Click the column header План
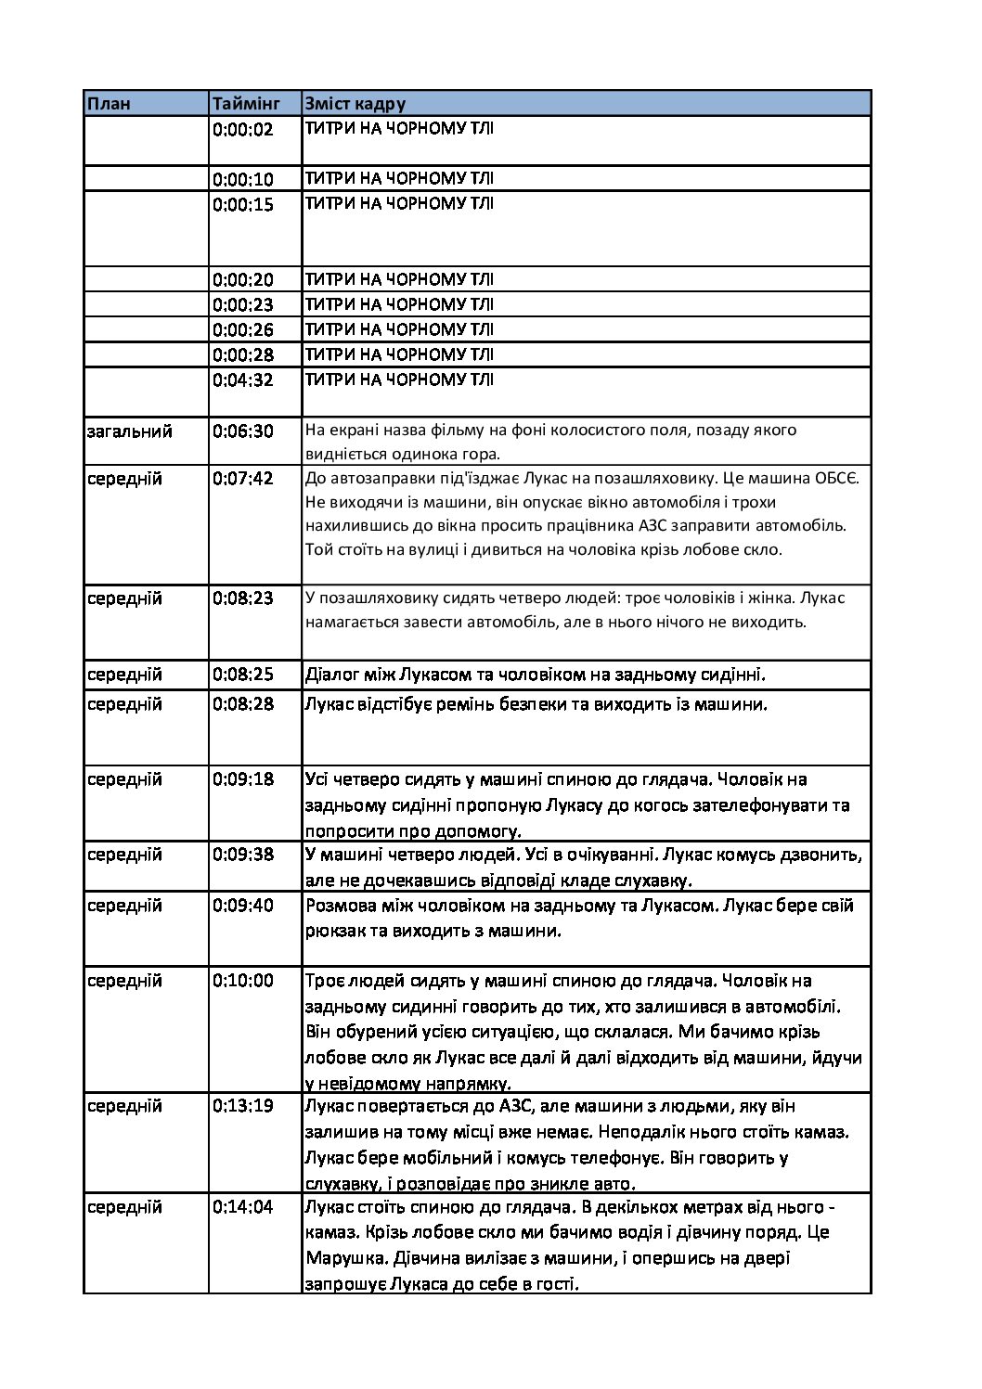[x=110, y=104]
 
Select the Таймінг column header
[x=242, y=104]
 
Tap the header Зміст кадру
[x=355, y=104]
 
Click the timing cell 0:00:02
[x=243, y=130]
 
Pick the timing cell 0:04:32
[x=243, y=379]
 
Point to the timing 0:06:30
[x=243, y=431]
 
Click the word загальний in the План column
[x=130, y=431]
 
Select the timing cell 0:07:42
[x=243, y=479]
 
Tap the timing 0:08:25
[x=243, y=675]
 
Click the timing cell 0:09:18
[x=243, y=779]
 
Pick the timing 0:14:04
[x=243, y=1207]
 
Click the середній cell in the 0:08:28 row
[x=125, y=704]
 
